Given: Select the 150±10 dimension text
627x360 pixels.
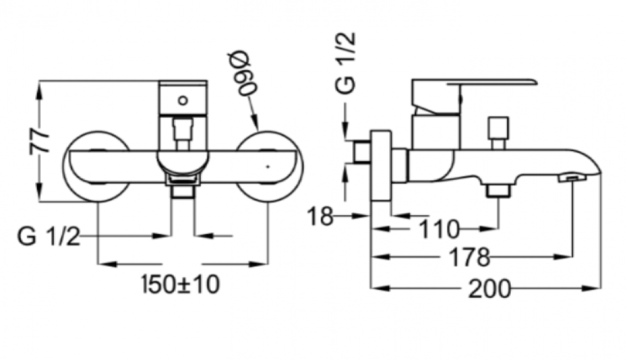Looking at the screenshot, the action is click(x=181, y=285).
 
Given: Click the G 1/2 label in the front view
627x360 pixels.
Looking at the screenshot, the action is click(x=48, y=236).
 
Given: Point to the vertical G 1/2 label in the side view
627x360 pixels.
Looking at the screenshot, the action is click(x=345, y=63).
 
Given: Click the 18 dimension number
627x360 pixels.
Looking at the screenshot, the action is click(x=320, y=217).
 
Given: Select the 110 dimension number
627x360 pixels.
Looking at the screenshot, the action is click(x=439, y=230).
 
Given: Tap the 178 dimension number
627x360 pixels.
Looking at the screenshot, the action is click(x=470, y=257).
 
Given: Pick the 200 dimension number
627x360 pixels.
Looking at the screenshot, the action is click(x=490, y=289).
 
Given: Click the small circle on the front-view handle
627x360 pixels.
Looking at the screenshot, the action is click(x=183, y=100).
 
